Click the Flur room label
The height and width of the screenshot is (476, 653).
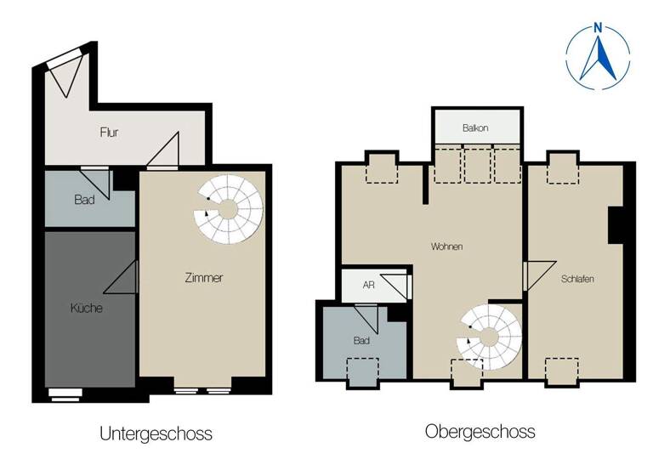coord(109,133)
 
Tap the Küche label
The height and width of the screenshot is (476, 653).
coord(86,309)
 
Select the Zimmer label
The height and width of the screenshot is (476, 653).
coord(204,278)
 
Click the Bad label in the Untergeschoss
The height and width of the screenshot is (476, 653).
coord(83,200)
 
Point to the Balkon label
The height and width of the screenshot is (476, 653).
coord(475,128)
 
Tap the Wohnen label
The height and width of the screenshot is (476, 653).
coord(446,246)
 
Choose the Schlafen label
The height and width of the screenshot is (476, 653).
coord(577,279)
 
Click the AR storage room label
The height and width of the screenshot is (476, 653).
coord(368,286)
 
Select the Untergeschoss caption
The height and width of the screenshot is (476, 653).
coord(156,433)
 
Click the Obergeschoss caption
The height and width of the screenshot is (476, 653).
coord(480,432)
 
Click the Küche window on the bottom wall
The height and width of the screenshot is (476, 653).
coord(65,393)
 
